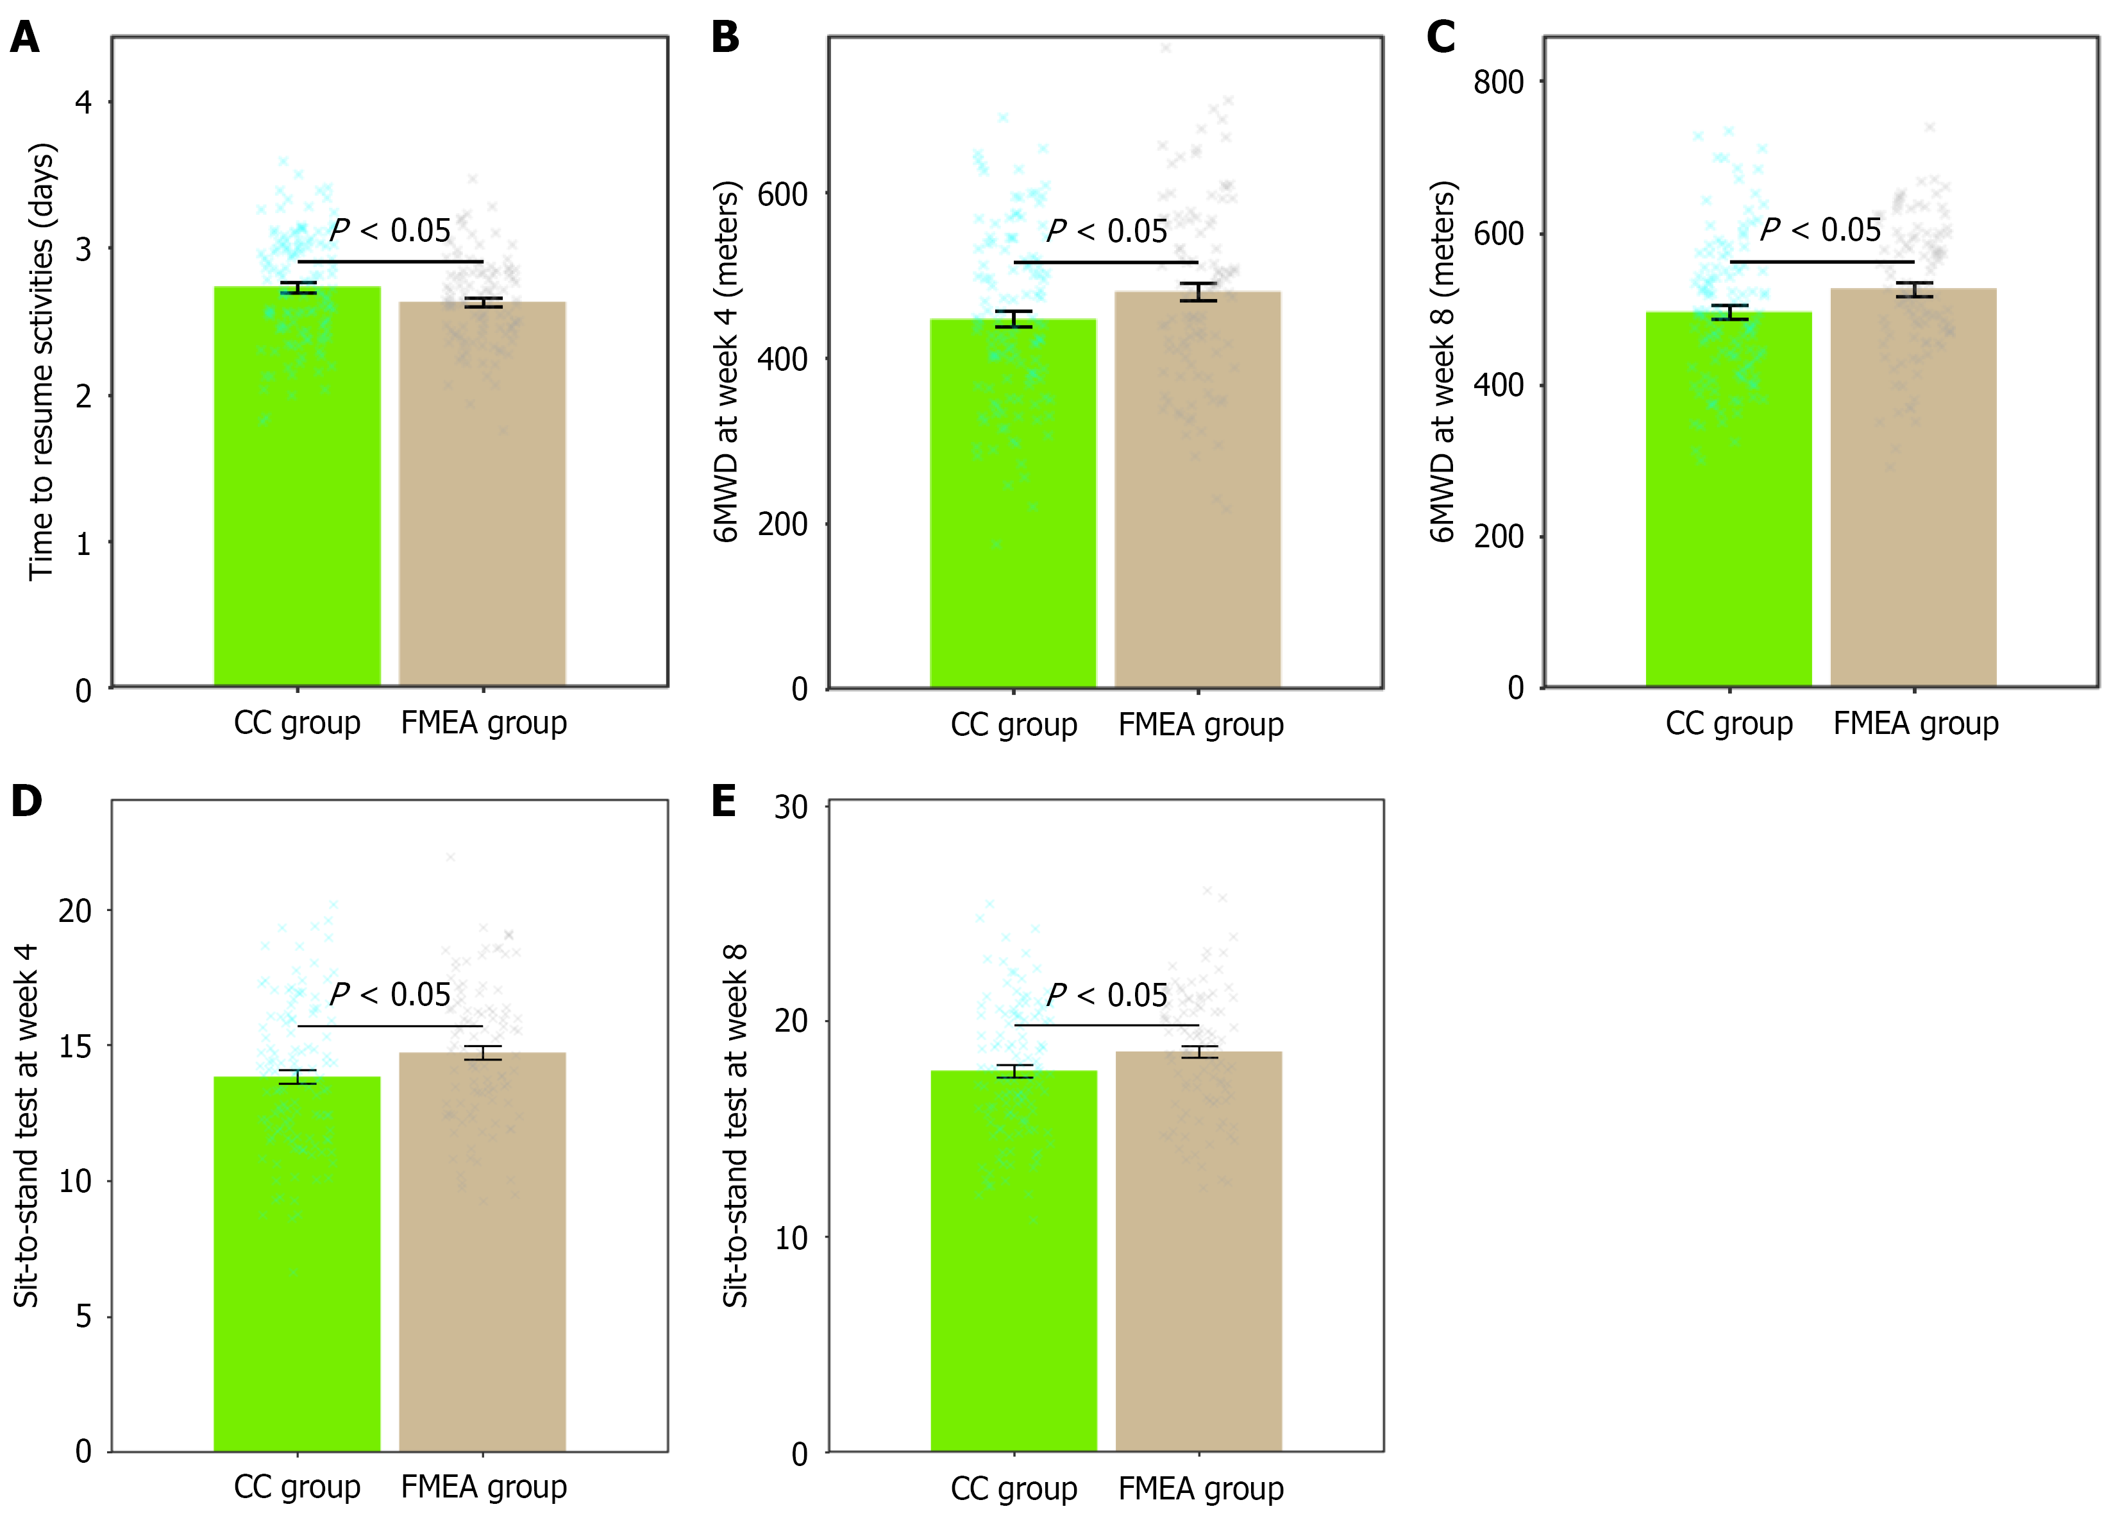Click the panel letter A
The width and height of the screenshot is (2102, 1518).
click(25, 38)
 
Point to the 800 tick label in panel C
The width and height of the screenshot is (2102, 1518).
click(1498, 83)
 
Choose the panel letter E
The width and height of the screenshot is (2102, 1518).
click(724, 801)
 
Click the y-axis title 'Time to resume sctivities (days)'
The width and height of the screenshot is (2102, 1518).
click(42, 362)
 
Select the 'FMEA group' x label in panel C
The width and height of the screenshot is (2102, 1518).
click(1915, 723)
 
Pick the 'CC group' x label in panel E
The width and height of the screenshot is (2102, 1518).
click(1014, 1489)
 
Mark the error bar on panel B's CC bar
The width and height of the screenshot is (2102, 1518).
click(1013, 319)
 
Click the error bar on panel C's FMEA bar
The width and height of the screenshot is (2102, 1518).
click(1914, 290)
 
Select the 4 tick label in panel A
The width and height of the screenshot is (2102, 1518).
click(83, 102)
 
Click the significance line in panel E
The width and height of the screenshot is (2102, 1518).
click(1107, 1025)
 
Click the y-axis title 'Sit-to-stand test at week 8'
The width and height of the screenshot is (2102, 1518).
click(735, 1126)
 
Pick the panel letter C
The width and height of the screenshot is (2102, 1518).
click(1440, 38)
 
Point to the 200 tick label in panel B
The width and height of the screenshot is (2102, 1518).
click(782, 525)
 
